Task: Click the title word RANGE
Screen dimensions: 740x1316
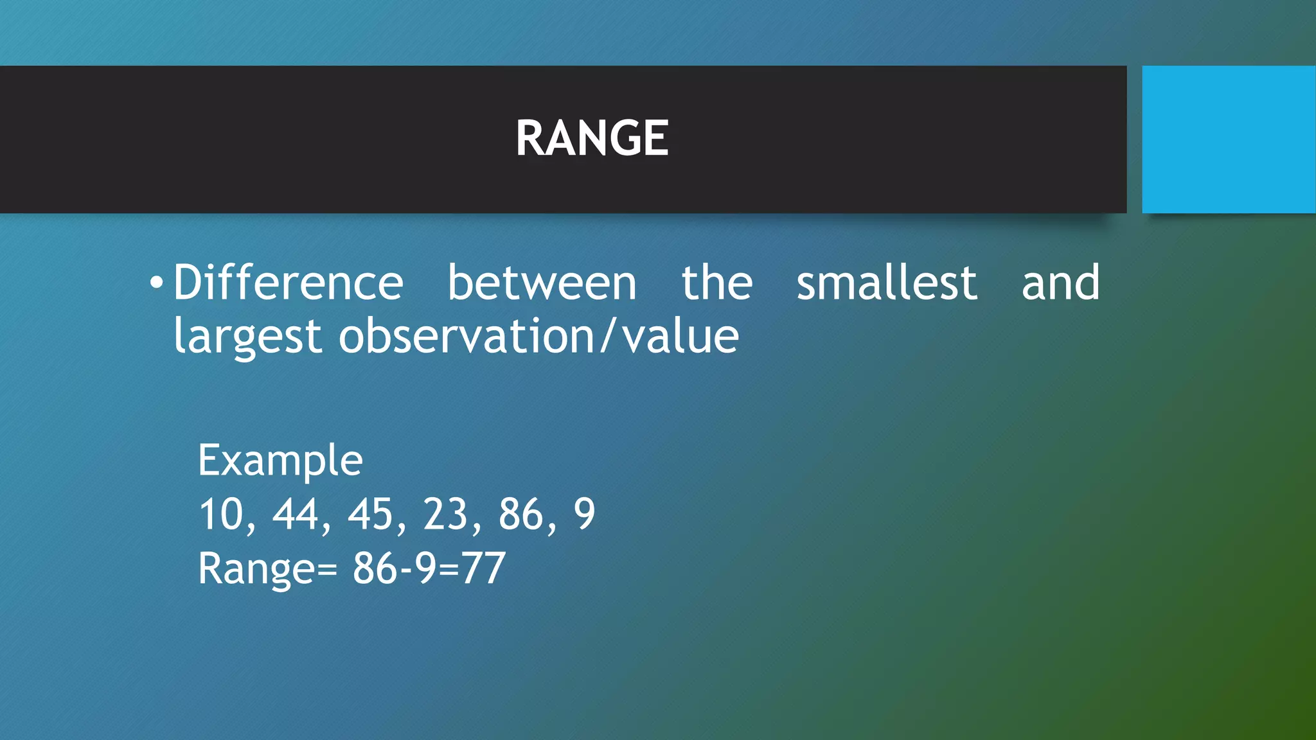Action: tap(592, 138)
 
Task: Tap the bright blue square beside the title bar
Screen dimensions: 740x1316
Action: tap(1228, 139)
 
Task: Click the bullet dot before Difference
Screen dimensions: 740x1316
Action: tap(156, 282)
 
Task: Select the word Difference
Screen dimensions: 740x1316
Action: tap(288, 283)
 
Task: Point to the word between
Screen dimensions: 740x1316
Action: tap(542, 283)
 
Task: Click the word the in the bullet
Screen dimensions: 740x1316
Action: tap(716, 283)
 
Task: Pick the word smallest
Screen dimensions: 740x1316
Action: tap(887, 283)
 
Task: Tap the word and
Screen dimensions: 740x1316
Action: tap(1060, 283)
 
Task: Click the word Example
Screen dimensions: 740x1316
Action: tap(280, 460)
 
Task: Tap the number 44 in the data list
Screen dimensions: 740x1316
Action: tap(296, 515)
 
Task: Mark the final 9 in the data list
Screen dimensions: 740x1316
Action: tap(584, 515)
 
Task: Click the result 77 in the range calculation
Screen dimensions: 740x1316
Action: tap(483, 568)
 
